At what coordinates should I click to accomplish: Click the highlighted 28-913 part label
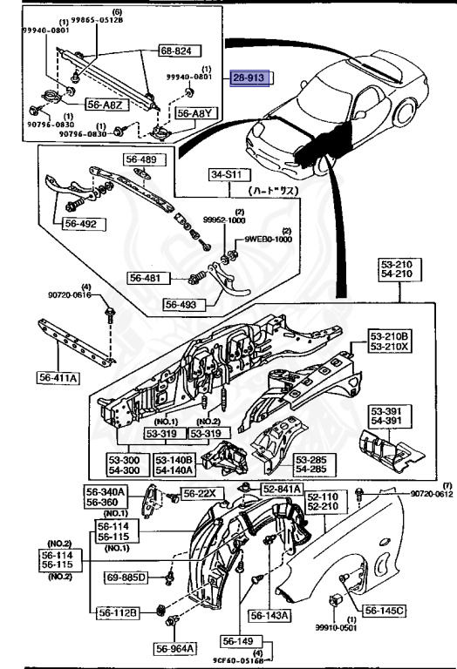point(253,78)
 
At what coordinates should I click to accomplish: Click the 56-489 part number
point(140,159)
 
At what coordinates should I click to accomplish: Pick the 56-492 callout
point(85,224)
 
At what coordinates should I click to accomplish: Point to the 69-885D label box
point(128,577)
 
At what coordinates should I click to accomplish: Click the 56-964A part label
point(177,648)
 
